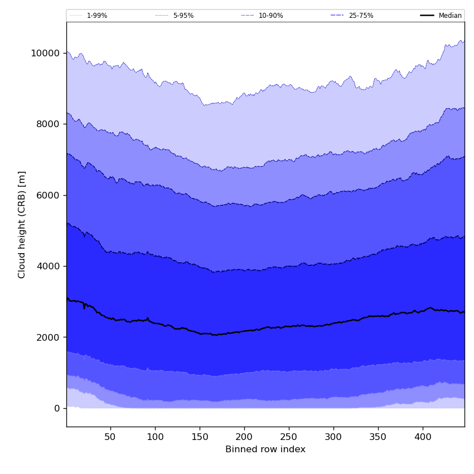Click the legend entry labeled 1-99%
[x=96, y=16]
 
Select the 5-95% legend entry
[x=183, y=16]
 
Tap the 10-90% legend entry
[x=270, y=16]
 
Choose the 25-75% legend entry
[x=361, y=16]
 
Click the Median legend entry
[x=450, y=16]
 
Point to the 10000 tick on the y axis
[x=45, y=53]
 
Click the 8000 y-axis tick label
[x=47, y=124]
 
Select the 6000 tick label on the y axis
[x=47, y=195]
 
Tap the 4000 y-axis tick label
[x=47, y=266]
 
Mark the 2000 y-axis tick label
[x=47, y=337]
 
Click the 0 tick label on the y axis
[x=57, y=408]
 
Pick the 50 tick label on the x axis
[x=110, y=437]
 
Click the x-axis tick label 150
[x=200, y=437]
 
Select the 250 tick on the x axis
[x=289, y=437]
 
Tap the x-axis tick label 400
[x=423, y=437]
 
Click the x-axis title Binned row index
[x=265, y=449]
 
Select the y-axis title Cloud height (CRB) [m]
[x=22, y=224]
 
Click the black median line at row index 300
[x=333, y=323]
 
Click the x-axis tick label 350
[x=378, y=437]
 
